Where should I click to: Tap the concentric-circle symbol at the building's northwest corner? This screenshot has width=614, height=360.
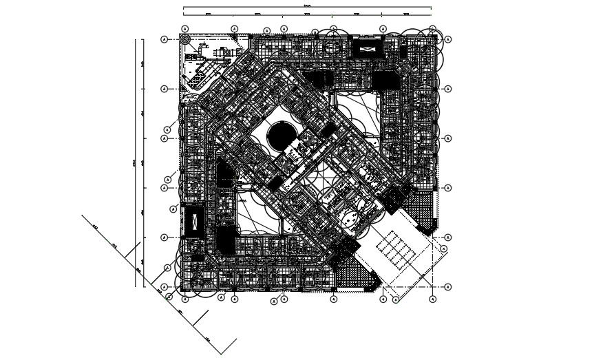(x=185, y=40)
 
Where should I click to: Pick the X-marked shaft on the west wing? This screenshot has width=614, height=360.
(x=194, y=221)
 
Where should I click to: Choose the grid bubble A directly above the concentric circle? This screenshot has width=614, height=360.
(x=185, y=29)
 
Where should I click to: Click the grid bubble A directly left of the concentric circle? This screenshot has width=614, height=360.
(x=165, y=40)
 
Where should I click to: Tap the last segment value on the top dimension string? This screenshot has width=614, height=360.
(x=406, y=14)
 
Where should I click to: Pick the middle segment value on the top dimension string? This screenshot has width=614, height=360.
(x=307, y=14)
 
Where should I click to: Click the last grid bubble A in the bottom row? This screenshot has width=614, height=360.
(x=433, y=299)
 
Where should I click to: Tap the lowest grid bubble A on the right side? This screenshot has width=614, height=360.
(x=447, y=286)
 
